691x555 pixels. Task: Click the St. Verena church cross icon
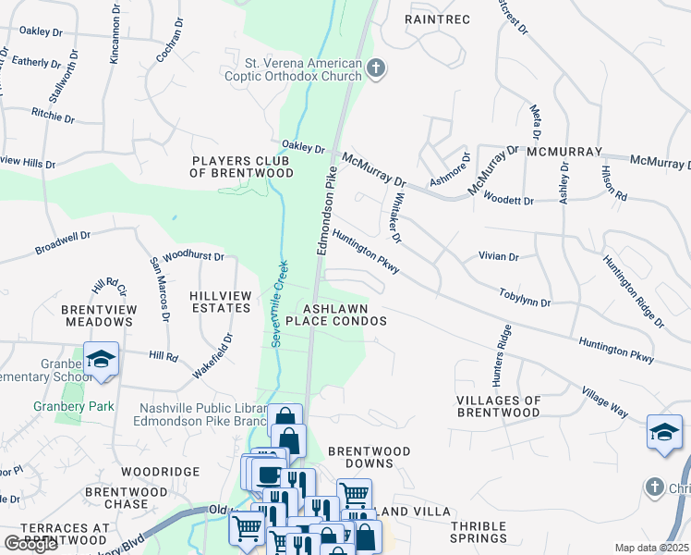coord(375,68)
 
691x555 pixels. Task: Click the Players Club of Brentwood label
coord(242,166)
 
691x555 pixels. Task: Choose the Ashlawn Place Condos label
coord(334,314)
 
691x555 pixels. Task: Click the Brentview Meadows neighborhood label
coord(98,314)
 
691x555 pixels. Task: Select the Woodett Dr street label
coord(508,200)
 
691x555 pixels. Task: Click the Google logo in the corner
coord(31,544)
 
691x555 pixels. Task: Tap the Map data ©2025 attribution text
coord(651,548)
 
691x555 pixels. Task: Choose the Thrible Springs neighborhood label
coord(479,532)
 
